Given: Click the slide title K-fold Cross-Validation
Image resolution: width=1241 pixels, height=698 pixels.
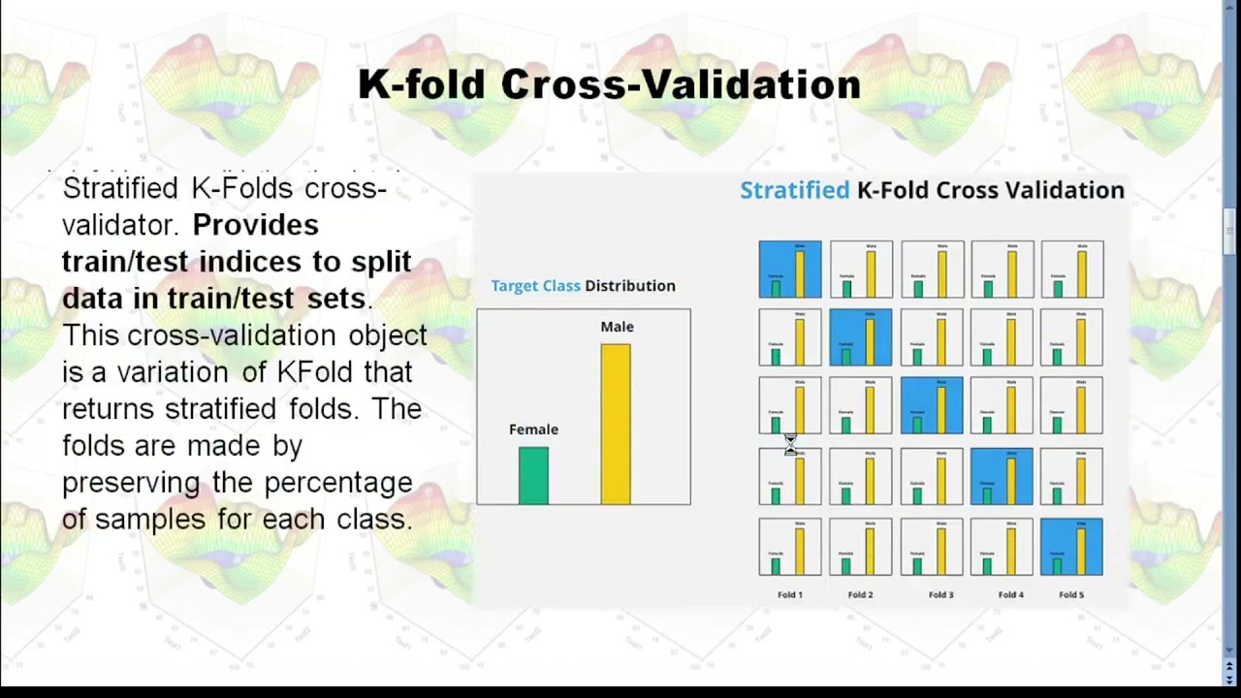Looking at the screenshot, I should [x=609, y=85].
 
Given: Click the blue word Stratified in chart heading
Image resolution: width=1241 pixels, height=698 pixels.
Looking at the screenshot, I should [x=794, y=191].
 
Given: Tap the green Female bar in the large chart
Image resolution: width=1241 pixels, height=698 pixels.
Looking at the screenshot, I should [x=533, y=475].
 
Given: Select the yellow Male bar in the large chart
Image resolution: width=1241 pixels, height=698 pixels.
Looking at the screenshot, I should [x=616, y=425].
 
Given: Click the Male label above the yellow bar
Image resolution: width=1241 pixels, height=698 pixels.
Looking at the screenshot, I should [x=617, y=327].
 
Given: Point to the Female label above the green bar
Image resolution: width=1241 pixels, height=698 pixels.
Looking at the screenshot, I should [x=533, y=429].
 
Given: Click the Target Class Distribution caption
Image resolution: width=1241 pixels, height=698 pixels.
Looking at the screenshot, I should [x=583, y=286].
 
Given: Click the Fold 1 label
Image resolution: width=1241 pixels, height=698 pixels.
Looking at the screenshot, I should [x=789, y=594].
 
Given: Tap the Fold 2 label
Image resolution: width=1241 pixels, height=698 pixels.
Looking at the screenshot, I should [x=860, y=594].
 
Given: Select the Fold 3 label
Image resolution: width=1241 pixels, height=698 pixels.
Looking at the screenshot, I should [x=940, y=594].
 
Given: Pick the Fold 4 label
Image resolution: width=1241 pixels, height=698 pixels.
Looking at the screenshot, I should [x=1010, y=594].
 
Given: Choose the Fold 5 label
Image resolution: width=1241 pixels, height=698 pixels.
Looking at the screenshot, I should [x=1071, y=594].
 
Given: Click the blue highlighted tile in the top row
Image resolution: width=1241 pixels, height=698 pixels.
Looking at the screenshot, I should [x=789, y=269].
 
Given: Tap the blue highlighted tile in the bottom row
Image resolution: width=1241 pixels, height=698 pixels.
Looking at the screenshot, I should [x=1071, y=547].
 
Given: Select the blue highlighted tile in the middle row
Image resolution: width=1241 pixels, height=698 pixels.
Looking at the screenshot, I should [x=931, y=405].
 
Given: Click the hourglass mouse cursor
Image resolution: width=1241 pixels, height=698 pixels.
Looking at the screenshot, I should [x=790, y=444].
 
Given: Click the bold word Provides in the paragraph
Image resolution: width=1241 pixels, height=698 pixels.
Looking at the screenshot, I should [x=255, y=225].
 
